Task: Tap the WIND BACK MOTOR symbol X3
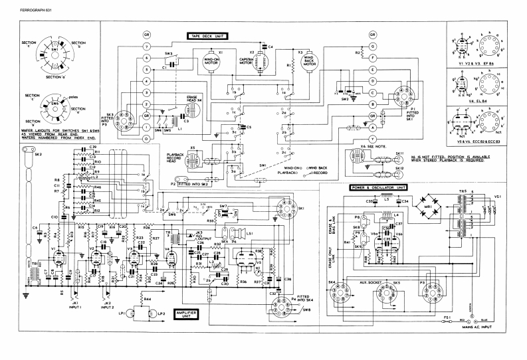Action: (308, 62)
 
